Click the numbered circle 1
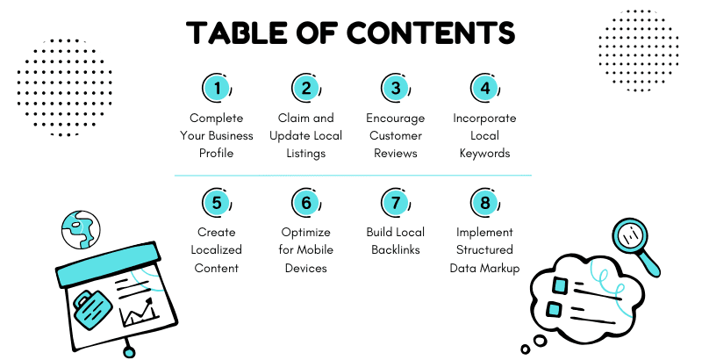click(216, 89)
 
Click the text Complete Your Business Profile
click(216, 136)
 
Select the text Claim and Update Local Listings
click(306, 136)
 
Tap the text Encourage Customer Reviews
click(395, 136)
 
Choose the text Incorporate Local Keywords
click(484, 136)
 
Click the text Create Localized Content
click(216, 250)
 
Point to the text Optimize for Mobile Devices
click(306, 250)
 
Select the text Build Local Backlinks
click(395, 241)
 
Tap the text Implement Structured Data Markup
click(484, 250)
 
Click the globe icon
click(81, 230)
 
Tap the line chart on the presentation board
click(138, 312)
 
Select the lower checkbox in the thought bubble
click(555, 309)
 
